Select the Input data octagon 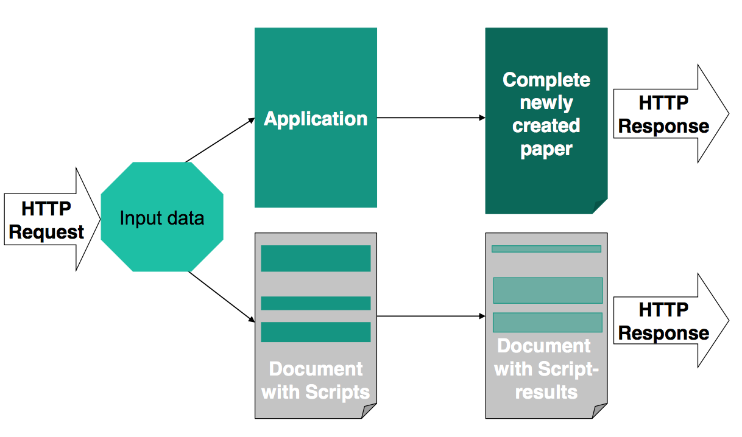tap(162, 217)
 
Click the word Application tap(316, 119)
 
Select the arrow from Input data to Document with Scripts tap(221, 296)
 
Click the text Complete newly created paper tap(546, 114)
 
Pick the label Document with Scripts tap(316, 380)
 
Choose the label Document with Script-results tap(546, 368)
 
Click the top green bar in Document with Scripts tap(316, 258)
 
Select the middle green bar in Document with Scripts tap(316, 303)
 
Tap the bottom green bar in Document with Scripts tap(316, 332)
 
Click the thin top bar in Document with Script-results tap(546, 248)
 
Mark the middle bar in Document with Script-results tap(547, 290)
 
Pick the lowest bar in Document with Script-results tap(547, 322)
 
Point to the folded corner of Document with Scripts tap(370, 412)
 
